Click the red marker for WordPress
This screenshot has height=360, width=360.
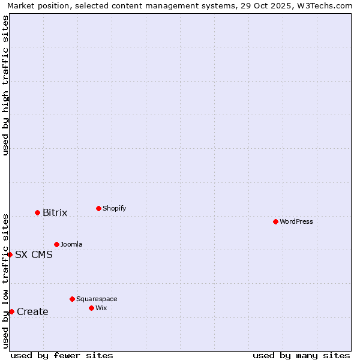coord(275,221)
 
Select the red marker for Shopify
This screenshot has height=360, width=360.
coord(98,208)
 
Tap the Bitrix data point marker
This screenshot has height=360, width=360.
coord(37,212)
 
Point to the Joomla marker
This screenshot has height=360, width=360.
coord(56,244)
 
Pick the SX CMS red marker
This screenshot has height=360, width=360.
coord(10,254)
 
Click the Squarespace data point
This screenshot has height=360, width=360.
coord(72,299)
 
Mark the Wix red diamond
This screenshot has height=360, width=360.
coord(91,308)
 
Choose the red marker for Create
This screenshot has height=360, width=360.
coord(11,311)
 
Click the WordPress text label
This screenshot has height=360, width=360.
coord(296,221)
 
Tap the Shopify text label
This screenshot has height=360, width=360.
coord(114,208)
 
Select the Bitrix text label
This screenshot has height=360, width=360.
coord(55,213)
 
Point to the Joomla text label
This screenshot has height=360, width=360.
coord(71,244)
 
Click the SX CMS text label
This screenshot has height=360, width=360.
coord(34,254)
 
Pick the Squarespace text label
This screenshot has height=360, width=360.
coord(97,299)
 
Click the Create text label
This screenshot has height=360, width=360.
coord(32,311)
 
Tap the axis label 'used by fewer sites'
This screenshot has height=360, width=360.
coord(62,355)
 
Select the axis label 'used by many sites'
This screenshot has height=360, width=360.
coord(301,355)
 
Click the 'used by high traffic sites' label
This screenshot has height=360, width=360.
coord(5,85)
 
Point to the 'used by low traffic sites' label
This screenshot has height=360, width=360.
coord(5,281)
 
